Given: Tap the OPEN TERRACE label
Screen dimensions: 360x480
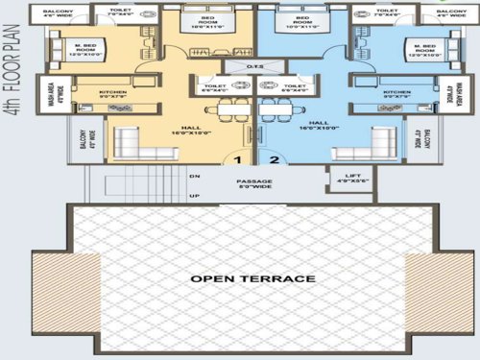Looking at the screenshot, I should pyautogui.click(x=252, y=278).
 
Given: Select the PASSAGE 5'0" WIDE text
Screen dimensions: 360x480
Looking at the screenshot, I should pyautogui.click(x=256, y=184).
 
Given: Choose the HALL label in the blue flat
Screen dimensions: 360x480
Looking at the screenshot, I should pyautogui.click(x=321, y=126).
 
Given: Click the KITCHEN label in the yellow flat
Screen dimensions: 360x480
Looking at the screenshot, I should pyautogui.click(x=112, y=93).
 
